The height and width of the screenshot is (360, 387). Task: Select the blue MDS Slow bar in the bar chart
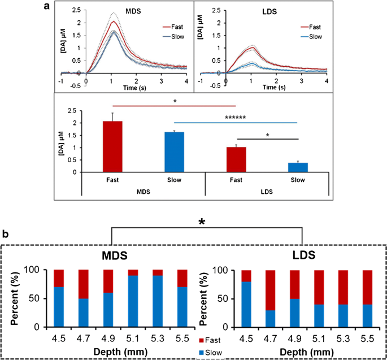[174, 152]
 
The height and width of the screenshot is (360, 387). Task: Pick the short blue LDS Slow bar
[297, 167]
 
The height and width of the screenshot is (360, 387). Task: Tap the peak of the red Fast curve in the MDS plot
[114, 21]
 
